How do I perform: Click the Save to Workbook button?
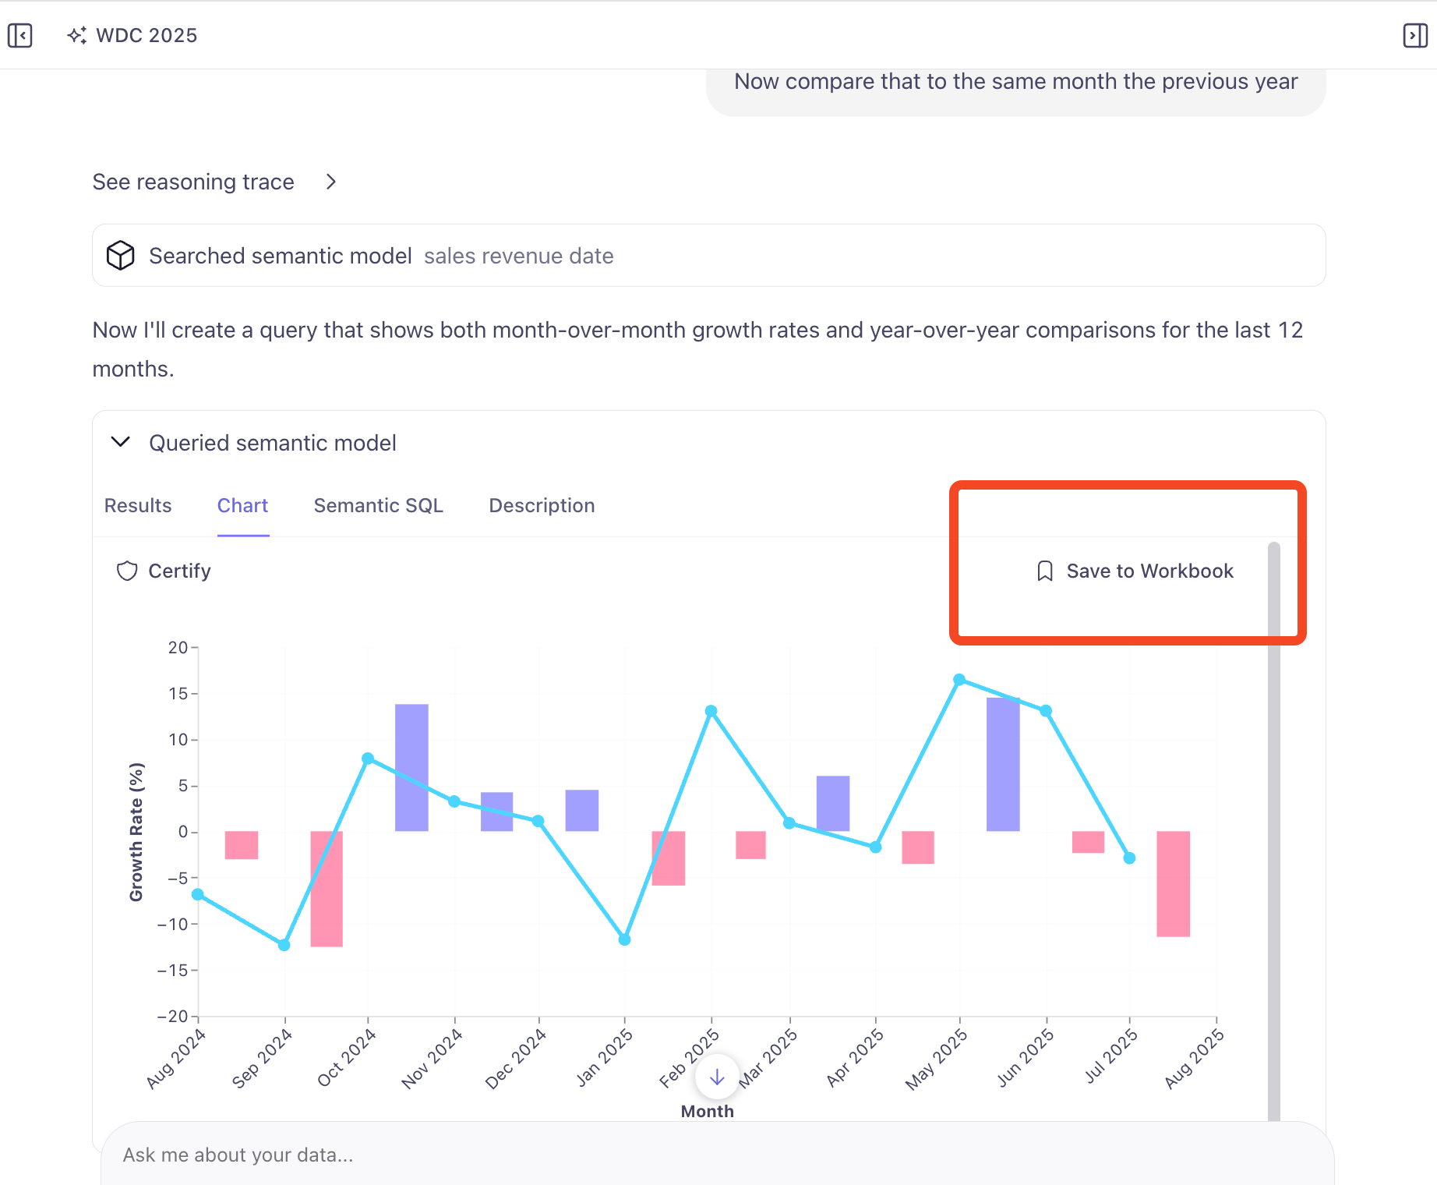(1135, 571)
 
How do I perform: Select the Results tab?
(138, 506)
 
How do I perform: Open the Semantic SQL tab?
(378, 506)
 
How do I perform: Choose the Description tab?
(542, 506)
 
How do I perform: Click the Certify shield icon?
(127, 571)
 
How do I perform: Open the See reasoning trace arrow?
(331, 182)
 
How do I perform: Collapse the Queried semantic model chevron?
(121, 442)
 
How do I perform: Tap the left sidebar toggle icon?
(20, 35)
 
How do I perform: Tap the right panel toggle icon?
(1415, 35)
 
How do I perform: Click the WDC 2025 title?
(147, 35)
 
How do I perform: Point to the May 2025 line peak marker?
(959, 680)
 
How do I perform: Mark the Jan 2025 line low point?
(624, 939)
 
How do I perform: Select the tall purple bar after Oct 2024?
(411, 767)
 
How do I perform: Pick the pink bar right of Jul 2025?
(1173, 883)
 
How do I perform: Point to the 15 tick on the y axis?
(178, 693)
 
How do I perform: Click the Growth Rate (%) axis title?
(136, 832)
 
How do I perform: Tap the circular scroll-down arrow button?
(717, 1077)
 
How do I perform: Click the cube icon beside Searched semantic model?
(121, 256)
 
